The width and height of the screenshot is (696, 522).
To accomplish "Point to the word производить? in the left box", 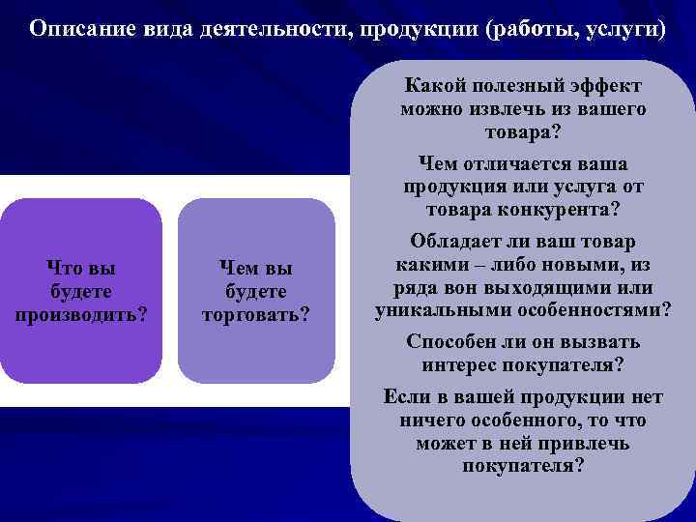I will point(82,314).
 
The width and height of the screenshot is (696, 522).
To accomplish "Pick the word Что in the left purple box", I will point(65,268).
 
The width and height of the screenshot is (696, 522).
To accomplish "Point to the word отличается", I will point(507,163).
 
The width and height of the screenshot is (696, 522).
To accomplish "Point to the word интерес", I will point(459,365).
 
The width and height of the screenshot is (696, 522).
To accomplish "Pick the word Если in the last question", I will point(404,397).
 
